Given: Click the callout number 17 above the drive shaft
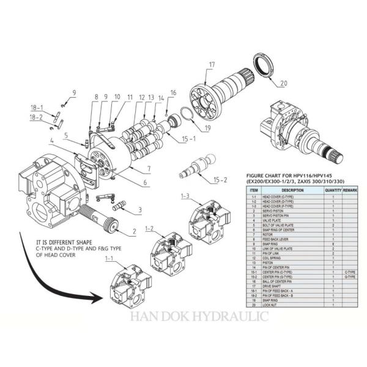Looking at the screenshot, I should click(212, 64).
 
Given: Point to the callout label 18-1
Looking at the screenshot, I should click(37, 108).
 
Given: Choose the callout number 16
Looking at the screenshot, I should click(173, 92).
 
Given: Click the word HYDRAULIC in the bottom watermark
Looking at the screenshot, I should click(235, 317).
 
